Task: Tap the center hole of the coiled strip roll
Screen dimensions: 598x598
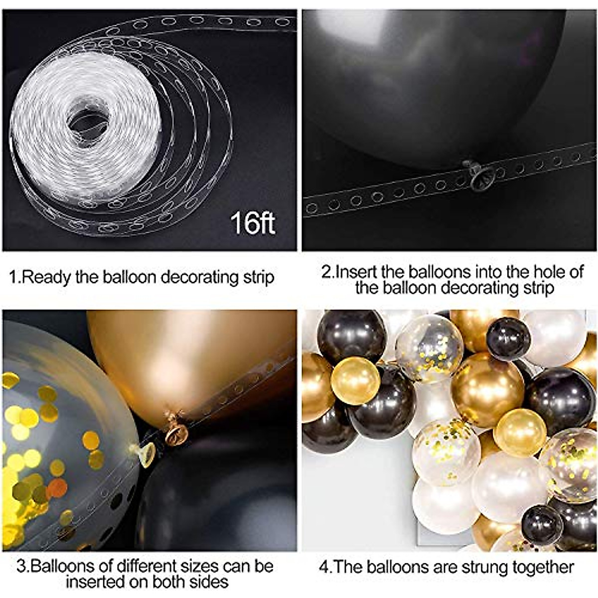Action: click(x=88, y=121)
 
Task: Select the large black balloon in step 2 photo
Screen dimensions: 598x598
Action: click(x=434, y=80)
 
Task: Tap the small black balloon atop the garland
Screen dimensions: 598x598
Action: click(x=508, y=339)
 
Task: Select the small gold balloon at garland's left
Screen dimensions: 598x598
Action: click(x=355, y=380)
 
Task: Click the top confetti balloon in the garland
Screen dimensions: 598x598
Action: click(x=430, y=347)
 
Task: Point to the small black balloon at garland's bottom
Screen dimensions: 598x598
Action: click(x=542, y=524)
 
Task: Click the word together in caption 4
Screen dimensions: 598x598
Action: click(x=546, y=567)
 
